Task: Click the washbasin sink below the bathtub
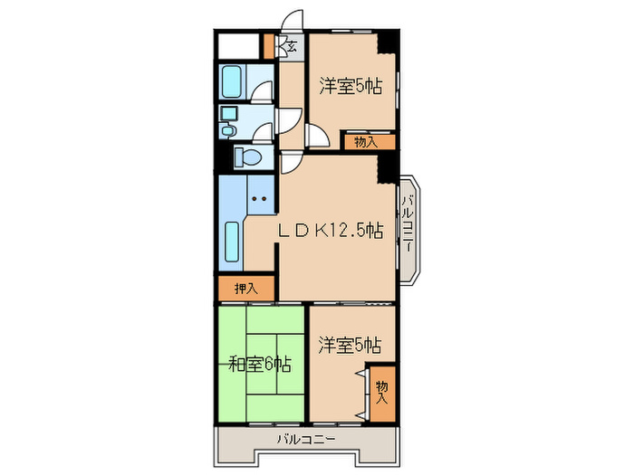[228, 115]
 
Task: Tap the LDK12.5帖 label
[330, 231]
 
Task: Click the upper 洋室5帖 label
[349, 87]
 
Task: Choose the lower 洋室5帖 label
[349, 345]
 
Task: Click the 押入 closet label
[246, 289]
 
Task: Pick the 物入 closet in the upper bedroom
[367, 141]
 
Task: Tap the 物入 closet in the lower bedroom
[383, 392]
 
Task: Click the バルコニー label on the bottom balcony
[307, 439]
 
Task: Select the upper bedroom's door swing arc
[318, 137]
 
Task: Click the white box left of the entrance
[238, 45]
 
